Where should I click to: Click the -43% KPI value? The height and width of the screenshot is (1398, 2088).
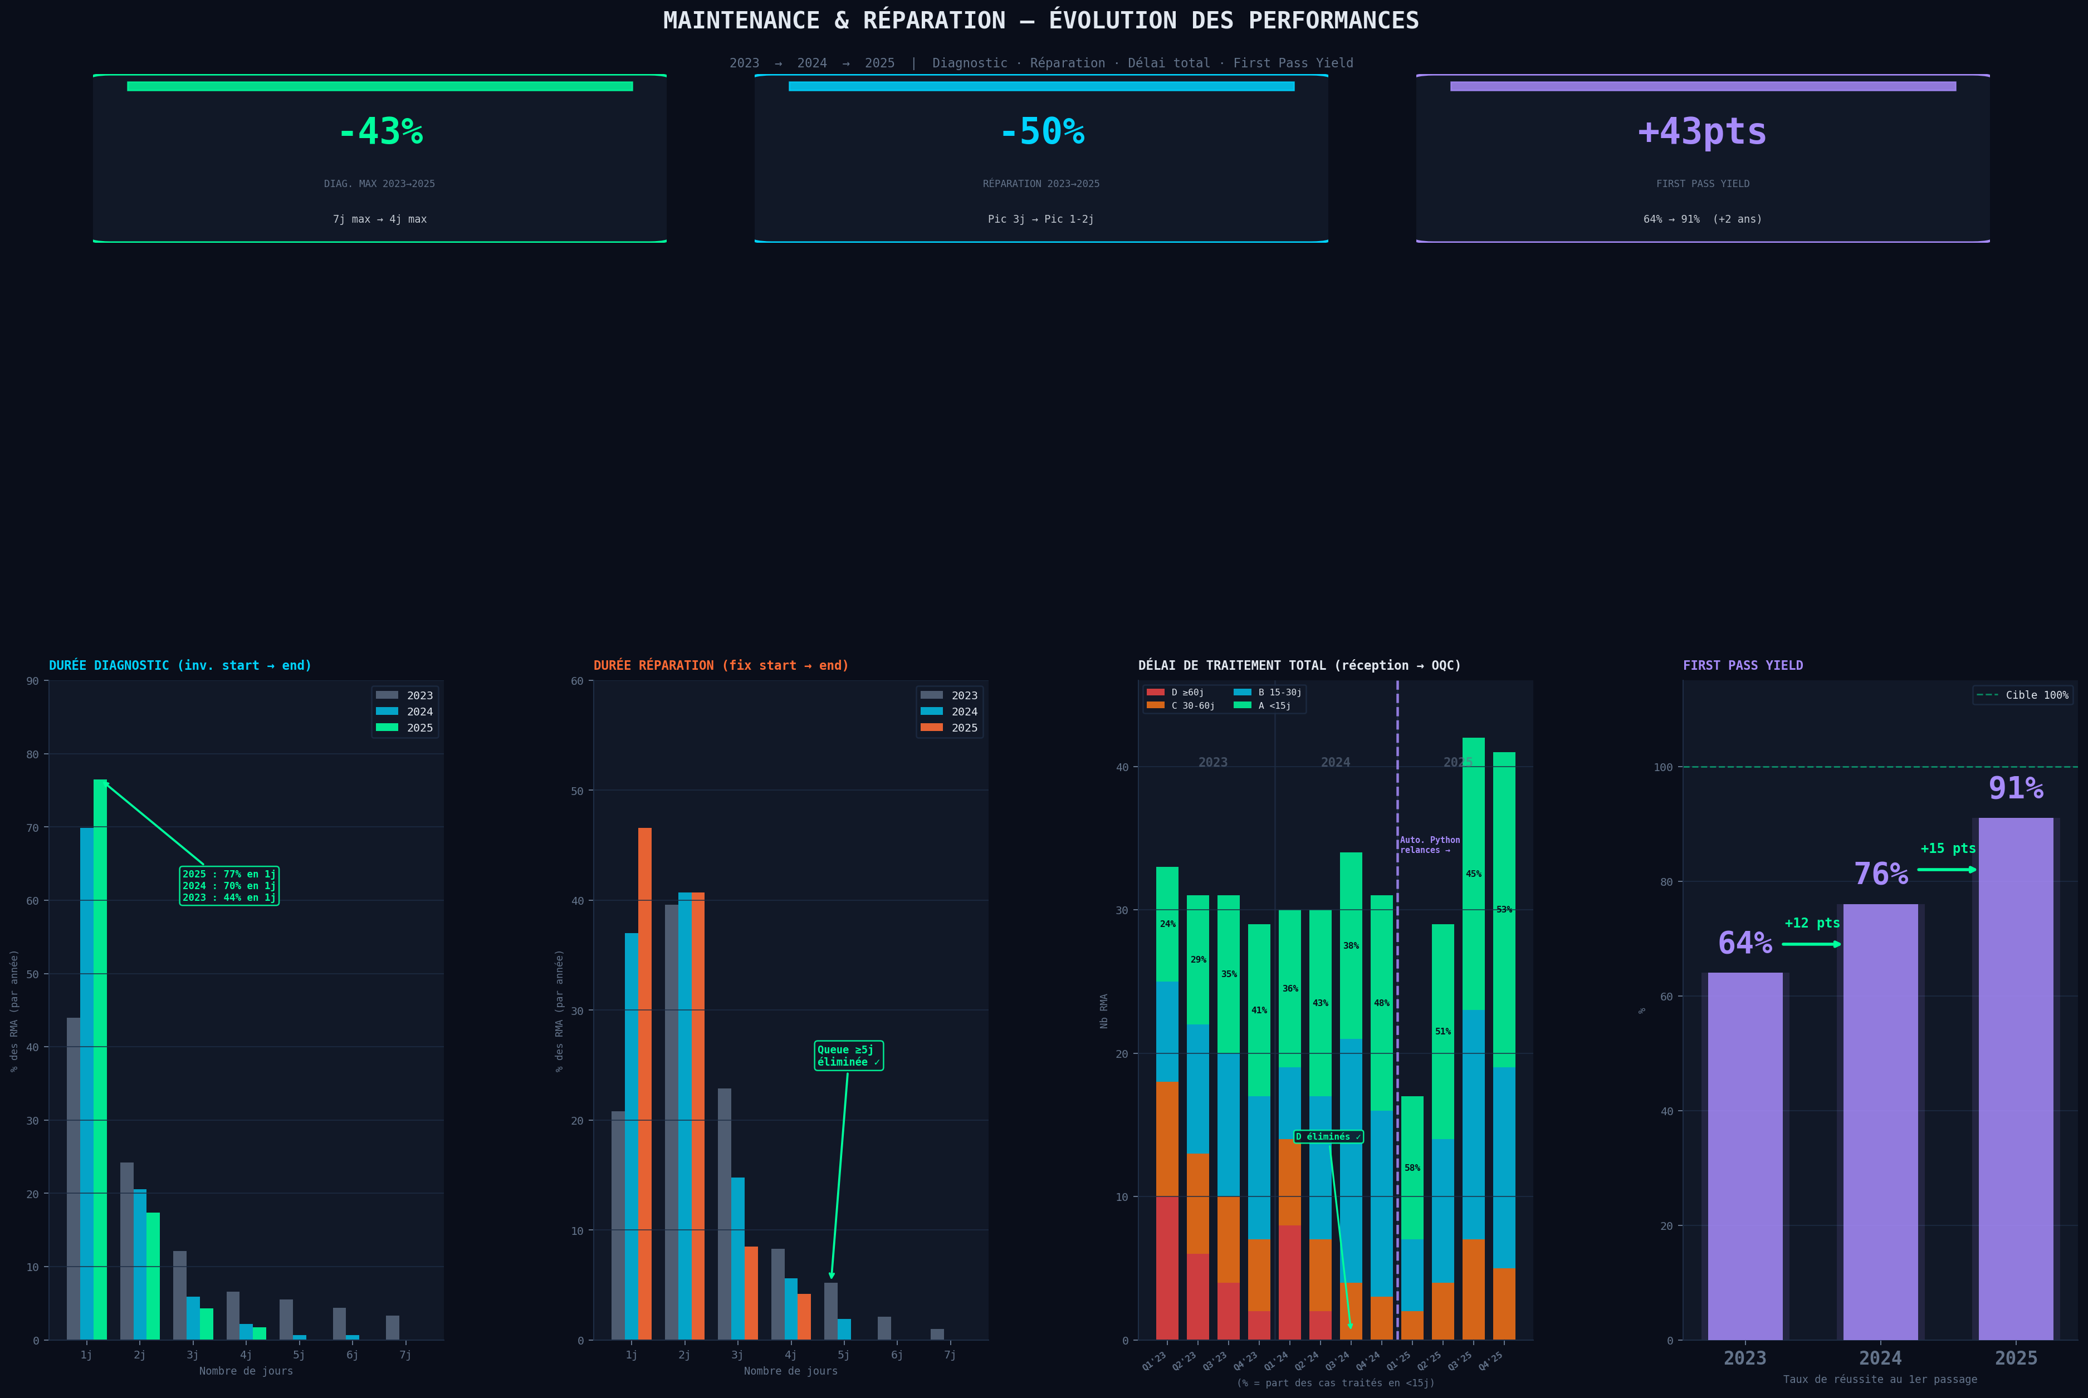point(380,132)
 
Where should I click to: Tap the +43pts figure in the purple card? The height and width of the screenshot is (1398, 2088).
point(1702,132)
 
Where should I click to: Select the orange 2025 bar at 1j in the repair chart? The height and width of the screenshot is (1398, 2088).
point(645,1083)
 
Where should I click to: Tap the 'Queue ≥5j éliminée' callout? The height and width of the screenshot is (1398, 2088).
point(848,1056)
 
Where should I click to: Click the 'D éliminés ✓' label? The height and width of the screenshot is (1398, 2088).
point(1328,1137)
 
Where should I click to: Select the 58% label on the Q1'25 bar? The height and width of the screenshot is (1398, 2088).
point(1412,1168)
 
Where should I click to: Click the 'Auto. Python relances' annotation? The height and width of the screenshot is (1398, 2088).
point(1429,845)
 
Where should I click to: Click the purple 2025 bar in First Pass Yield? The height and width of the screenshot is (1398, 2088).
point(2016,1079)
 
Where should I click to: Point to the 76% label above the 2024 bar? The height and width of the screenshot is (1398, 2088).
point(1880,874)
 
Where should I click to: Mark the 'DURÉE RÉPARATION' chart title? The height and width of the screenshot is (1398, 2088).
point(721,665)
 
